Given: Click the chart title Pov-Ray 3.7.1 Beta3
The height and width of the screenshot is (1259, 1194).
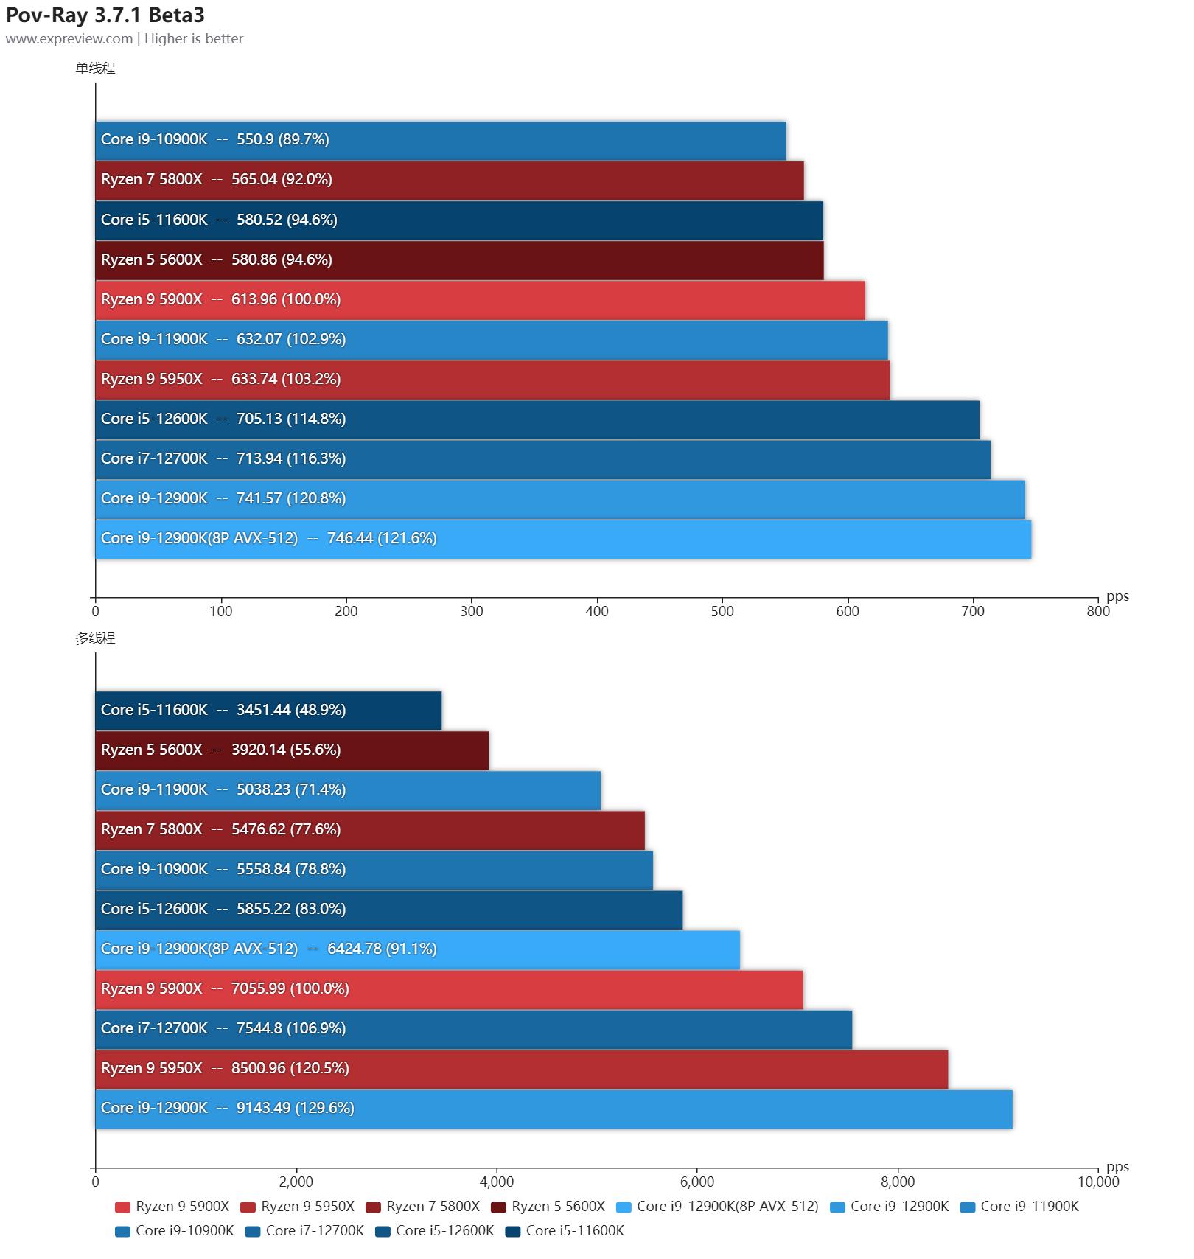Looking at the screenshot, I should (x=105, y=15).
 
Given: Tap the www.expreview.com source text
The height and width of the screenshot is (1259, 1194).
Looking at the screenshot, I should (x=69, y=39).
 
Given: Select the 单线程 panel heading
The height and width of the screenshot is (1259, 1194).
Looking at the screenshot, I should (x=95, y=69).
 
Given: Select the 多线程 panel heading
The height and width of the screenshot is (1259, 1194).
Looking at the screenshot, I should (x=95, y=638).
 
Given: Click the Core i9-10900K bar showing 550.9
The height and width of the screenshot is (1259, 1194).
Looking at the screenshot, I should (x=441, y=140).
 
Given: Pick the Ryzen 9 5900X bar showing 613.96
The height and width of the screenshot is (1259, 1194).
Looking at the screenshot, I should (x=480, y=299).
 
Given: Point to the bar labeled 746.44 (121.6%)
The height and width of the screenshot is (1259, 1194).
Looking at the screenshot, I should (x=563, y=539).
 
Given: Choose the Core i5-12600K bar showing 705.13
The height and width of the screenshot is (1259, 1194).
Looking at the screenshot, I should (x=537, y=419).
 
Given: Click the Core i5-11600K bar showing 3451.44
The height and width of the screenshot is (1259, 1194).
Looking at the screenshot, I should (x=268, y=711).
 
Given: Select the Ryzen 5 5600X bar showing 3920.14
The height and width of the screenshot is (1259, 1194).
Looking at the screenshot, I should (x=292, y=750).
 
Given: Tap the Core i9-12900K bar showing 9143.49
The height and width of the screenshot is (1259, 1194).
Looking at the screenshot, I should (x=554, y=1109).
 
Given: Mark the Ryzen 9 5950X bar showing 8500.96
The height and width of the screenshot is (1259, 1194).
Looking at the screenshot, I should (x=522, y=1069).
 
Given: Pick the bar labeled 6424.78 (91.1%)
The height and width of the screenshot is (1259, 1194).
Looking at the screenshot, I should (x=417, y=949).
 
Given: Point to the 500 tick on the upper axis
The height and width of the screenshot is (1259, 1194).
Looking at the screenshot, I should (x=722, y=611).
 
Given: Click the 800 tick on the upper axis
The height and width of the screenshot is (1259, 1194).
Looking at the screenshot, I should (x=1098, y=611).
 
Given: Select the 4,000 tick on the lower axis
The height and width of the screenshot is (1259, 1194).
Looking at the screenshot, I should (x=497, y=1182).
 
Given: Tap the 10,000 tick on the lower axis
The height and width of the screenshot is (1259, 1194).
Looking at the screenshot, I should (x=1098, y=1182).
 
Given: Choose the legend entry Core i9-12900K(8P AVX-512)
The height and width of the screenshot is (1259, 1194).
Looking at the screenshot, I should (x=718, y=1207).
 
